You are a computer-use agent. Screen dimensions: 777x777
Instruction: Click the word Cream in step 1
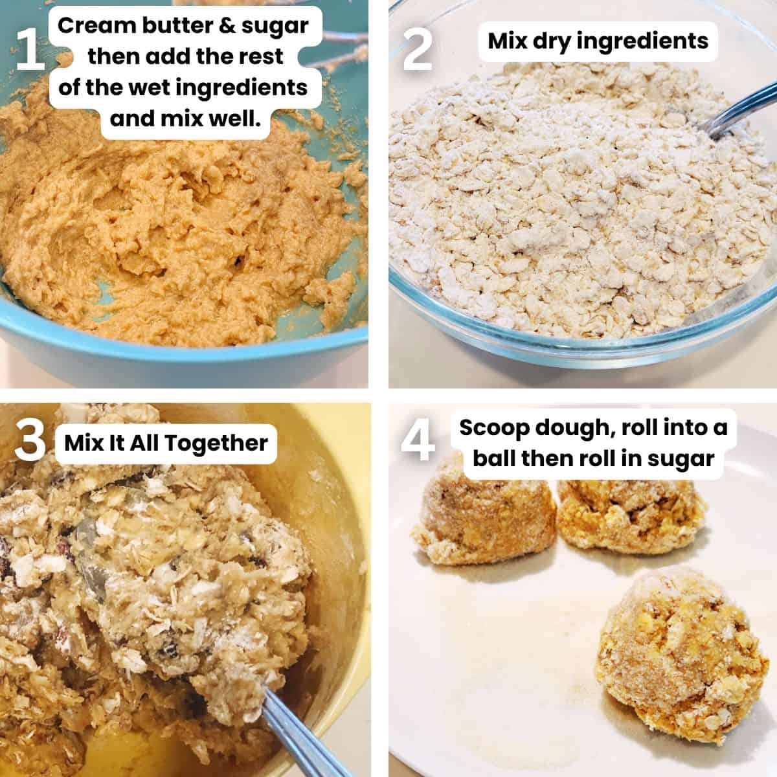tap(95, 27)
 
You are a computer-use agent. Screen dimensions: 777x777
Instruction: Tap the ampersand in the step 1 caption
tap(228, 27)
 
